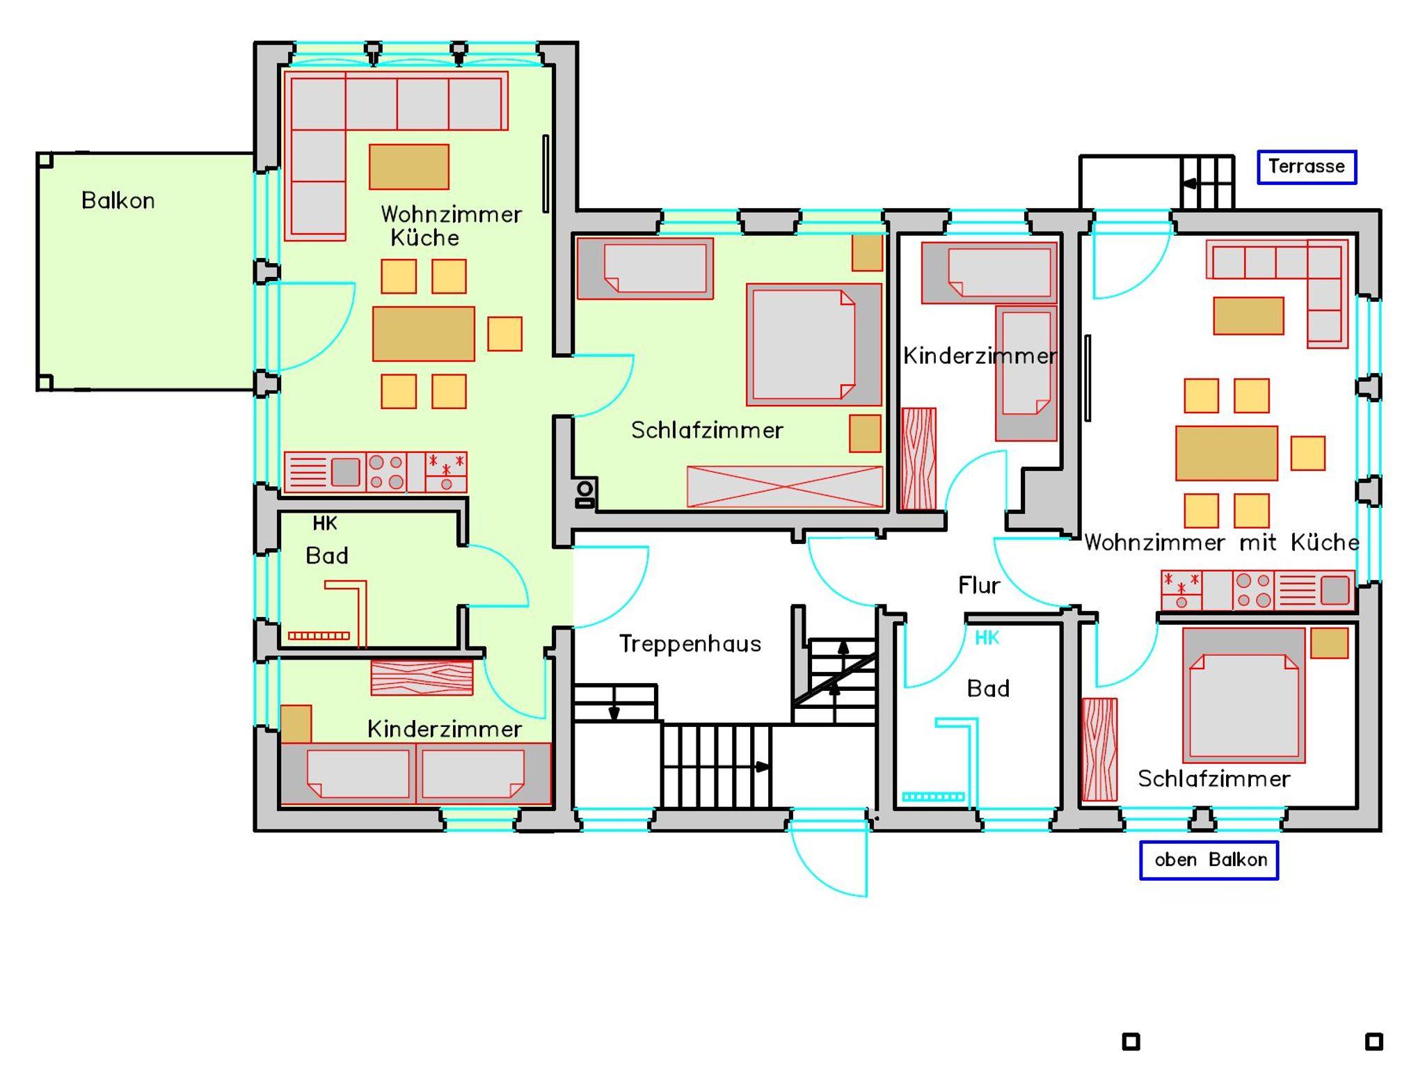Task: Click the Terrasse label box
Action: pyautogui.click(x=1307, y=167)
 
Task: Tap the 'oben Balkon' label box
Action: pyautogui.click(x=1209, y=861)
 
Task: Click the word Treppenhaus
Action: pyautogui.click(x=690, y=644)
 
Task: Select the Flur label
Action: pyautogui.click(x=979, y=585)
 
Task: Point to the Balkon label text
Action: pyautogui.click(x=118, y=200)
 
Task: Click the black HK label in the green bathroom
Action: pyautogui.click(x=325, y=523)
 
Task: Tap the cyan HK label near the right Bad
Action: pyautogui.click(x=987, y=637)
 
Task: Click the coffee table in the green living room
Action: pyautogui.click(x=409, y=167)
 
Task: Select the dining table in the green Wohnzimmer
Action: pyautogui.click(x=424, y=334)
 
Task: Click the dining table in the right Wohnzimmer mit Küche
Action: pyautogui.click(x=1227, y=454)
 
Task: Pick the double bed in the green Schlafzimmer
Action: pyautogui.click(x=814, y=344)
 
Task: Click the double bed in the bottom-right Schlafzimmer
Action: pyautogui.click(x=1243, y=696)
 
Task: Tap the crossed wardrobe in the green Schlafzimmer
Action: pyautogui.click(x=785, y=486)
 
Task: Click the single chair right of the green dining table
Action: pyautogui.click(x=504, y=334)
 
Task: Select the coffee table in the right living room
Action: pyautogui.click(x=1248, y=316)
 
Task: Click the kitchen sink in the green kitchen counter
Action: pyautogui.click(x=345, y=472)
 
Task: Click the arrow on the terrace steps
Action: pyautogui.click(x=1190, y=184)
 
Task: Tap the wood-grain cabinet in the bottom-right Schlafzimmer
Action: pyautogui.click(x=1099, y=749)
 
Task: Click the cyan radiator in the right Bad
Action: pyautogui.click(x=933, y=797)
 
